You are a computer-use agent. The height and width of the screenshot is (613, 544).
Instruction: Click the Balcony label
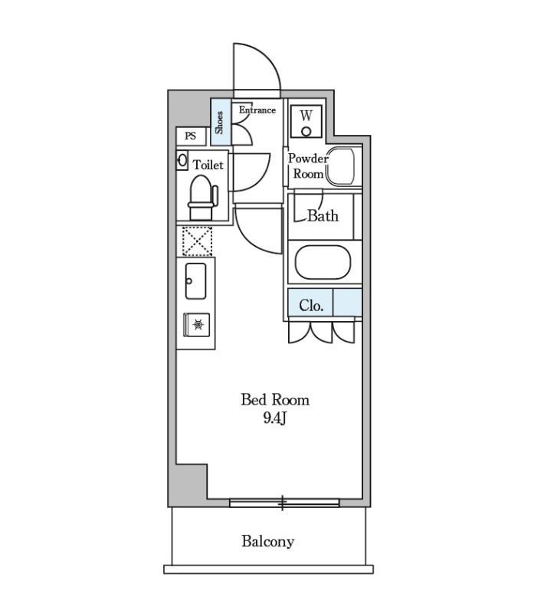pos(267,542)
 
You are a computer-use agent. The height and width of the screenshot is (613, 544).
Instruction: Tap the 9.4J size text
pos(275,418)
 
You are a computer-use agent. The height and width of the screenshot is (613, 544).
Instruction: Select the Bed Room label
pos(275,399)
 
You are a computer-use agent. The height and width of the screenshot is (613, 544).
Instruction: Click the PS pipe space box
pos(191,136)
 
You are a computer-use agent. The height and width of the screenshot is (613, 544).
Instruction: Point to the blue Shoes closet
pos(221,122)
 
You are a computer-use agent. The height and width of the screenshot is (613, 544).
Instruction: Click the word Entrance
pos(257,110)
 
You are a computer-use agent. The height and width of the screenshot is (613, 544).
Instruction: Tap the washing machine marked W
pos(306,121)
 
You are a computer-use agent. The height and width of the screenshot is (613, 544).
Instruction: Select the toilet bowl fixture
pos(203,198)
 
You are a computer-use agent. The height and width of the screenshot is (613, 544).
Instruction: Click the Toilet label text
pos(208,165)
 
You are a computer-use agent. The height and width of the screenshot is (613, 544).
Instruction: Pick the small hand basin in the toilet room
pos(182,161)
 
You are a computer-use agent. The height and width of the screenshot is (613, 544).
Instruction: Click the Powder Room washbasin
pos(340,166)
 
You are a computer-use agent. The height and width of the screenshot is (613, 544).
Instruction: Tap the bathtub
pos(323,262)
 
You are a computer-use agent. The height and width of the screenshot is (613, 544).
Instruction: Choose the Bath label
pos(323,216)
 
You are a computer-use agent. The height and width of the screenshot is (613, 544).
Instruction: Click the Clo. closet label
pos(311,305)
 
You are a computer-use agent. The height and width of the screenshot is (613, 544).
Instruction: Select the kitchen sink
pos(196,281)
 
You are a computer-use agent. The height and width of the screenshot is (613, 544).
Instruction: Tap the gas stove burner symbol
pos(198,324)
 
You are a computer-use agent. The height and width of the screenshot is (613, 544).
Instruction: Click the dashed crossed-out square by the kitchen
pos(198,241)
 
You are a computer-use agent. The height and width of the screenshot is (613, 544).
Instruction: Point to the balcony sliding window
pos(284,503)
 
